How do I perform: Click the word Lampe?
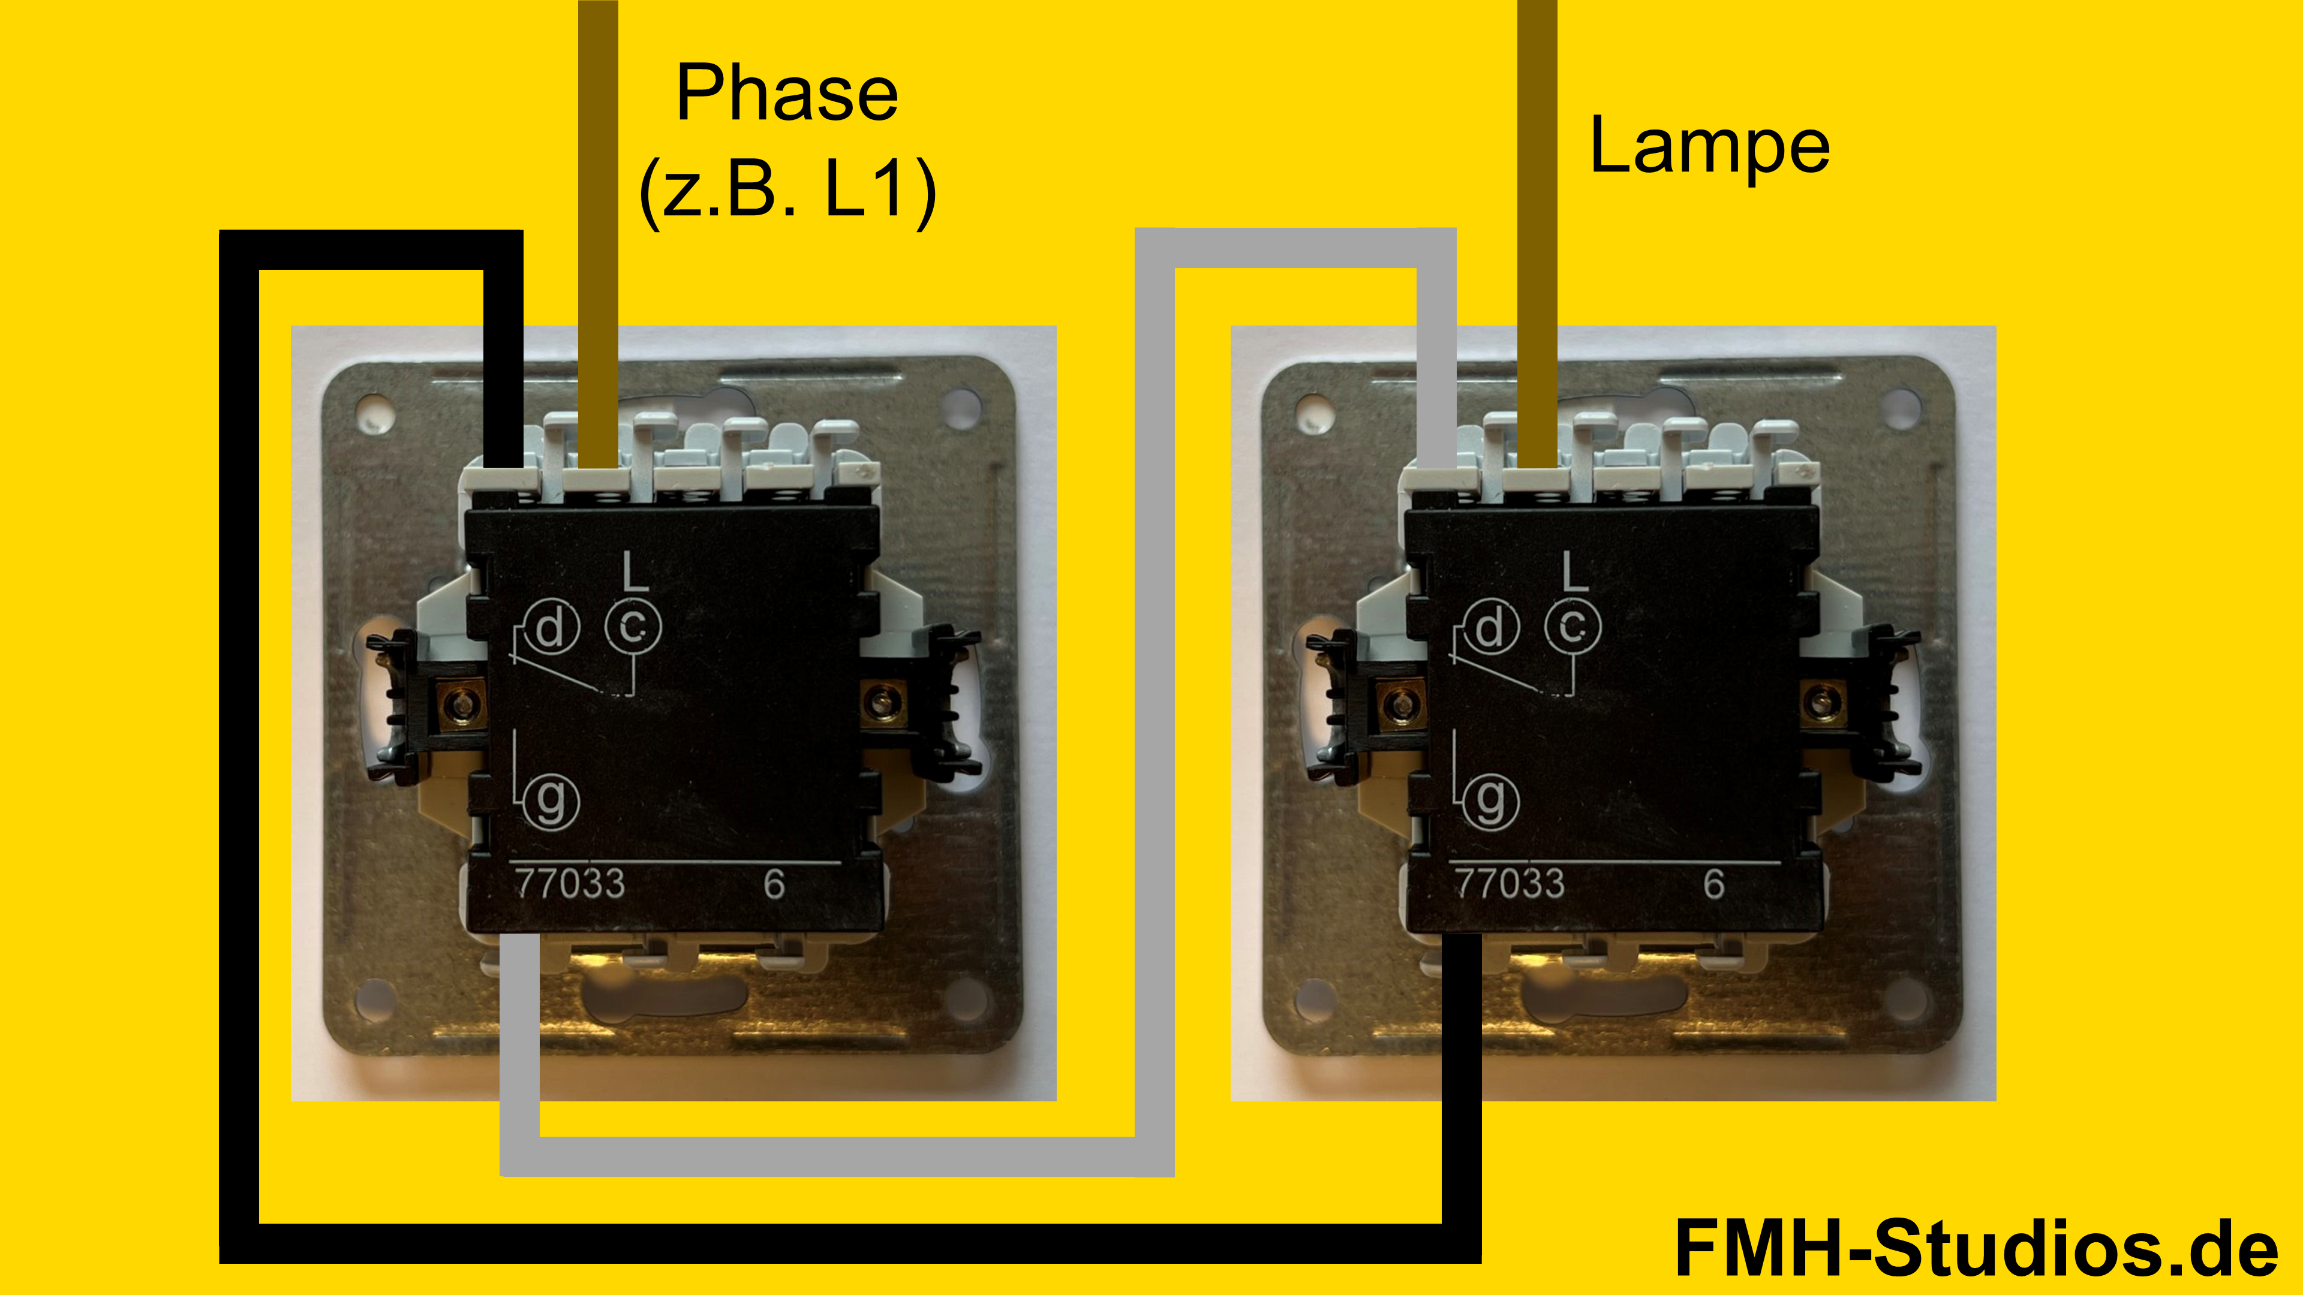tap(1709, 146)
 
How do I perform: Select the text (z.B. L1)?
tap(787, 189)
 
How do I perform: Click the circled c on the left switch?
tap(633, 625)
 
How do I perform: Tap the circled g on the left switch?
tap(551, 799)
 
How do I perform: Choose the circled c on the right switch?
tap(1573, 625)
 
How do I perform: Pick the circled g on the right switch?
tap(1490, 799)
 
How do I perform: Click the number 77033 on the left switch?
tap(570, 883)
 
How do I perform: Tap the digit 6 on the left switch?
tap(774, 884)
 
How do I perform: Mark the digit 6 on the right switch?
tap(1714, 884)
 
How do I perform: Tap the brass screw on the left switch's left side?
tap(461, 706)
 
